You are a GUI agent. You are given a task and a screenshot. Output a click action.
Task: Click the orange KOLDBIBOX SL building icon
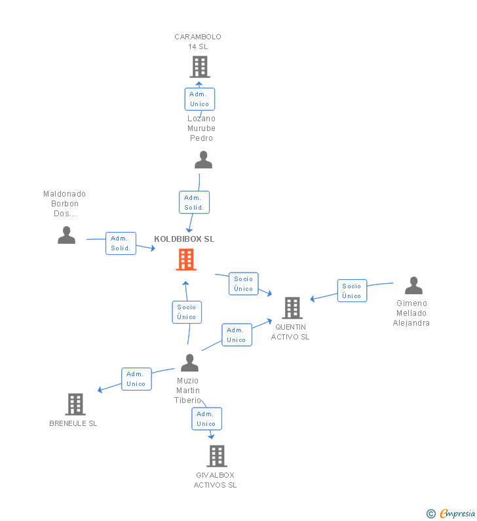(x=186, y=260)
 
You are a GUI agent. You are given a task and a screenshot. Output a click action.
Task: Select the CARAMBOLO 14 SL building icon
(x=199, y=66)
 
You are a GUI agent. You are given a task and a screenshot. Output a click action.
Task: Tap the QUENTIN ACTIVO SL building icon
(x=292, y=307)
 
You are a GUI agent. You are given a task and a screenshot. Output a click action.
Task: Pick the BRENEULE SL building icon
(x=75, y=404)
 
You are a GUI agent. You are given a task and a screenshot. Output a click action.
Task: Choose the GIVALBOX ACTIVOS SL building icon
(x=216, y=455)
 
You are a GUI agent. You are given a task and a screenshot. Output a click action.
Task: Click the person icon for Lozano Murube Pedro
(x=203, y=160)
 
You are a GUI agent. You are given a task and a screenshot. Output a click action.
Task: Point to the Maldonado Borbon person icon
(x=66, y=235)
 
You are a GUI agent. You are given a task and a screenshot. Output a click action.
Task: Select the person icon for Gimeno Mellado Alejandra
(x=413, y=286)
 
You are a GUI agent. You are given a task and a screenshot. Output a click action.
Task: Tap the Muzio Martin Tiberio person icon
(x=189, y=362)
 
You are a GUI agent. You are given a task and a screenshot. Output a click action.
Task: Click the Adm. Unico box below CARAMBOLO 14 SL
(x=199, y=99)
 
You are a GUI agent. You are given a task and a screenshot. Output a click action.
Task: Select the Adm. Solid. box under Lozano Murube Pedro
(x=194, y=203)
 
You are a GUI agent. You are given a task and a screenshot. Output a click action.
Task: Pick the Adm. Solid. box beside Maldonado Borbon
(x=121, y=243)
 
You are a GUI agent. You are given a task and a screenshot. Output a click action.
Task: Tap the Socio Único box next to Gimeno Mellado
(x=352, y=290)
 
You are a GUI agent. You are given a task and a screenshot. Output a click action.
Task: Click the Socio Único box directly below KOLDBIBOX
(x=187, y=312)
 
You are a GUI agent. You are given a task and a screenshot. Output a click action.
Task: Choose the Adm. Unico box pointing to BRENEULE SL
(x=136, y=379)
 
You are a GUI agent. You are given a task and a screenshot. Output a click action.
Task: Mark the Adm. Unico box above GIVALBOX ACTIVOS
(x=206, y=419)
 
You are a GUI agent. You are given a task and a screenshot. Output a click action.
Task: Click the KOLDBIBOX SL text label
(x=184, y=239)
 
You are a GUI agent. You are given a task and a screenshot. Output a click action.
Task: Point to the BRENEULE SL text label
(x=73, y=423)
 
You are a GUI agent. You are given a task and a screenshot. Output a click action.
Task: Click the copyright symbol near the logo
(x=430, y=514)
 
